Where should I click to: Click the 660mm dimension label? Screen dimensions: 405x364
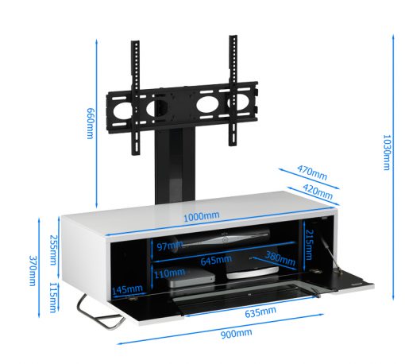coord(91,123)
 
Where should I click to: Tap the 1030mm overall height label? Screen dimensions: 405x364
coord(387,153)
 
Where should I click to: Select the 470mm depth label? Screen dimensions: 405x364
coord(312,172)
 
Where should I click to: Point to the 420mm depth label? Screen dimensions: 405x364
coord(318,192)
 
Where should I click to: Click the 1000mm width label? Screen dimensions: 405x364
coord(202,216)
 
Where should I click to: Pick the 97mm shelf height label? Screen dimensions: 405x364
coord(170,246)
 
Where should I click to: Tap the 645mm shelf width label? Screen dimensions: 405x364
coord(216,260)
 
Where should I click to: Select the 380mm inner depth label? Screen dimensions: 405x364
coord(280,258)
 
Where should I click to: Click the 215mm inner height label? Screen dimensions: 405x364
coord(309,245)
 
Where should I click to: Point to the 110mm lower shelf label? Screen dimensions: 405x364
coord(169,273)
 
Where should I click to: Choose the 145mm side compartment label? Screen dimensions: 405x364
coord(127,289)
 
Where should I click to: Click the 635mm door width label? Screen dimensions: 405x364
coord(260,312)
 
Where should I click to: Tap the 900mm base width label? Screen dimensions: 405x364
coord(237,333)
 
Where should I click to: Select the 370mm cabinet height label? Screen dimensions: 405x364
coord(32,270)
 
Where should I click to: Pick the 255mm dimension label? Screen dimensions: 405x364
coord(53,250)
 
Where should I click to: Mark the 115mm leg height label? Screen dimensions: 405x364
coord(53,297)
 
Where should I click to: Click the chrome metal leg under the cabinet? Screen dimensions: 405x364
coord(100,312)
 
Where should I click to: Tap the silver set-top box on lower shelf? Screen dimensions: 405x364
coord(191,279)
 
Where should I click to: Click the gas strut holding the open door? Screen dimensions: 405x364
coord(330,254)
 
